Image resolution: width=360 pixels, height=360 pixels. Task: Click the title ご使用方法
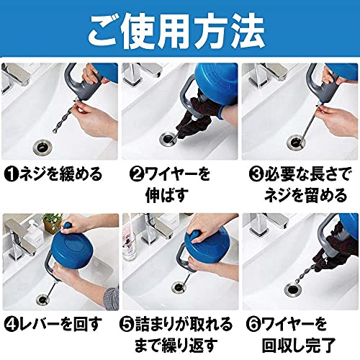click(x=176, y=30)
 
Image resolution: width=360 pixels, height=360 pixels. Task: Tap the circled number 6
click(x=253, y=324)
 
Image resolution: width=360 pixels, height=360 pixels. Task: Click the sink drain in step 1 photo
click(x=42, y=146)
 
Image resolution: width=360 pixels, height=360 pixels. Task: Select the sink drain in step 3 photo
click(x=296, y=142)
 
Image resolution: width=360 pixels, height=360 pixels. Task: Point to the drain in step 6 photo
click(x=294, y=289)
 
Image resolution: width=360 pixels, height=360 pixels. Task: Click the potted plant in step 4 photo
click(x=53, y=222)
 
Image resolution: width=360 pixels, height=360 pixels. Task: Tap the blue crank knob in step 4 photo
click(x=67, y=227)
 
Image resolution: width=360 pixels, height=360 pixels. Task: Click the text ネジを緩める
click(x=60, y=174)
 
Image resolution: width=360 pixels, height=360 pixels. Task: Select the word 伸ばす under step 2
click(x=166, y=196)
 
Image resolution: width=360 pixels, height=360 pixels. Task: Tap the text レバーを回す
click(x=60, y=324)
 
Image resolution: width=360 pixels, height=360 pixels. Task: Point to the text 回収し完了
click(x=299, y=346)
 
